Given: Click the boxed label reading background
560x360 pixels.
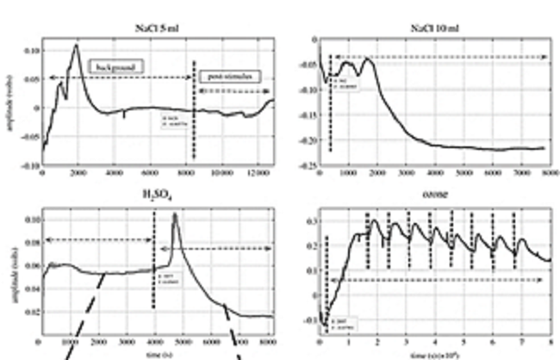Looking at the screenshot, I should click(x=115, y=65).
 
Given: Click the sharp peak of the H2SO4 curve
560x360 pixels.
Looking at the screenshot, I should click(x=176, y=214).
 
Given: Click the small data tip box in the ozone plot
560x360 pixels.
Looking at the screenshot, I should click(x=336, y=325).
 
